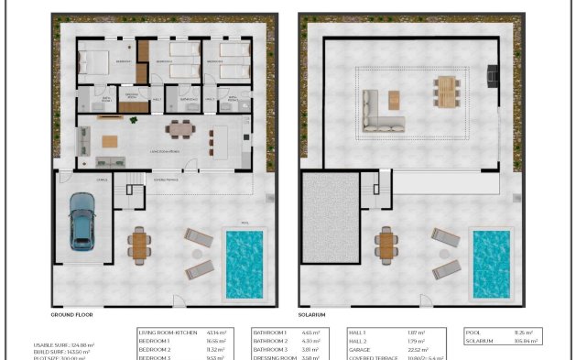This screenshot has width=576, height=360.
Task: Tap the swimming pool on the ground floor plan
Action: point(245,264)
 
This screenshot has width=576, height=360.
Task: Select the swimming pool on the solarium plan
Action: point(490,264)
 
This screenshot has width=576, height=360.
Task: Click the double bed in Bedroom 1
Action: point(93,62)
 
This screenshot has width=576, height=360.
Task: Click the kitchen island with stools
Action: point(221,140)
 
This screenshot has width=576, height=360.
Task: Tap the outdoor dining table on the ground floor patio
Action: point(139,245)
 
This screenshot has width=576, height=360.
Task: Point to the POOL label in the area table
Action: point(473,332)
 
